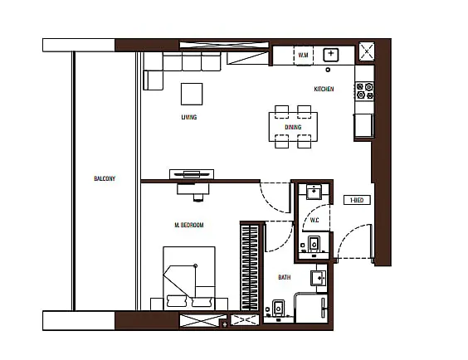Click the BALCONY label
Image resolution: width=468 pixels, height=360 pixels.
click(105, 178)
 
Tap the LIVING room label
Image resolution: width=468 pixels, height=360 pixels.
click(189, 117)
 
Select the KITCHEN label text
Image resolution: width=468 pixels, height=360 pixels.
click(324, 89)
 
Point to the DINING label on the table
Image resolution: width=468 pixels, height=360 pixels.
click(293, 128)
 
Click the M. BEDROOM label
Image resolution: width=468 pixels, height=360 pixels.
click(189, 225)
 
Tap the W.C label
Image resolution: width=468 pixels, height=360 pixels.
click(314, 220)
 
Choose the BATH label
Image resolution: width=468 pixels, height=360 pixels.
click(284, 277)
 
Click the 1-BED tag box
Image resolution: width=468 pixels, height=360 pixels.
click(357, 200)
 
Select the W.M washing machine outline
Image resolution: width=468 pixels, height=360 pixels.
click(303, 56)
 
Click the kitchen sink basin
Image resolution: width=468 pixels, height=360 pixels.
click(331, 55)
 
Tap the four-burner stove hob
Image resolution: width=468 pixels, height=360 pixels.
click(364, 91)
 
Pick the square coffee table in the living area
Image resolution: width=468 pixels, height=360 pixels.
click(192, 94)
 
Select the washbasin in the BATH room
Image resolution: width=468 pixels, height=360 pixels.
click(319, 278)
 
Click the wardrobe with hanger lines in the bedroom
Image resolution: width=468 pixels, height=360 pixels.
click(250, 267)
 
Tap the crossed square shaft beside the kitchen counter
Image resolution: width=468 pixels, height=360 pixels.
click(366, 51)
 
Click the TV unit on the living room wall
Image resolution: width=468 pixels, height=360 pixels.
click(192, 174)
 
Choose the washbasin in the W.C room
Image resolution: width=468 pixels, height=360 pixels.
click(314, 192)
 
